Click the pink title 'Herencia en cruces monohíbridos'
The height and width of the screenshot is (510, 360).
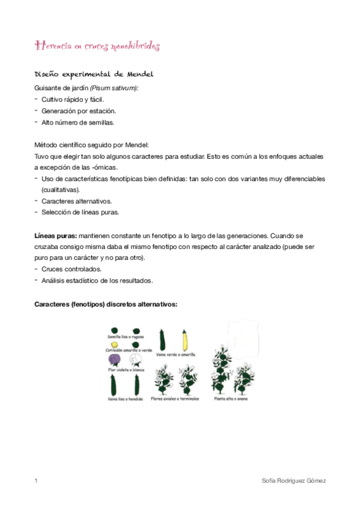pos(97,46)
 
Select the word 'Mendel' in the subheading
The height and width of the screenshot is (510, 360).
pos(140,74)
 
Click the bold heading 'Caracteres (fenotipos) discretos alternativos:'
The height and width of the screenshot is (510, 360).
pos(105,304)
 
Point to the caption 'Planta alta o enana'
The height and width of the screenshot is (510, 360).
pos(230,398)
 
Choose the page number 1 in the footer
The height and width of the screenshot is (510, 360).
pos(36,481)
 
